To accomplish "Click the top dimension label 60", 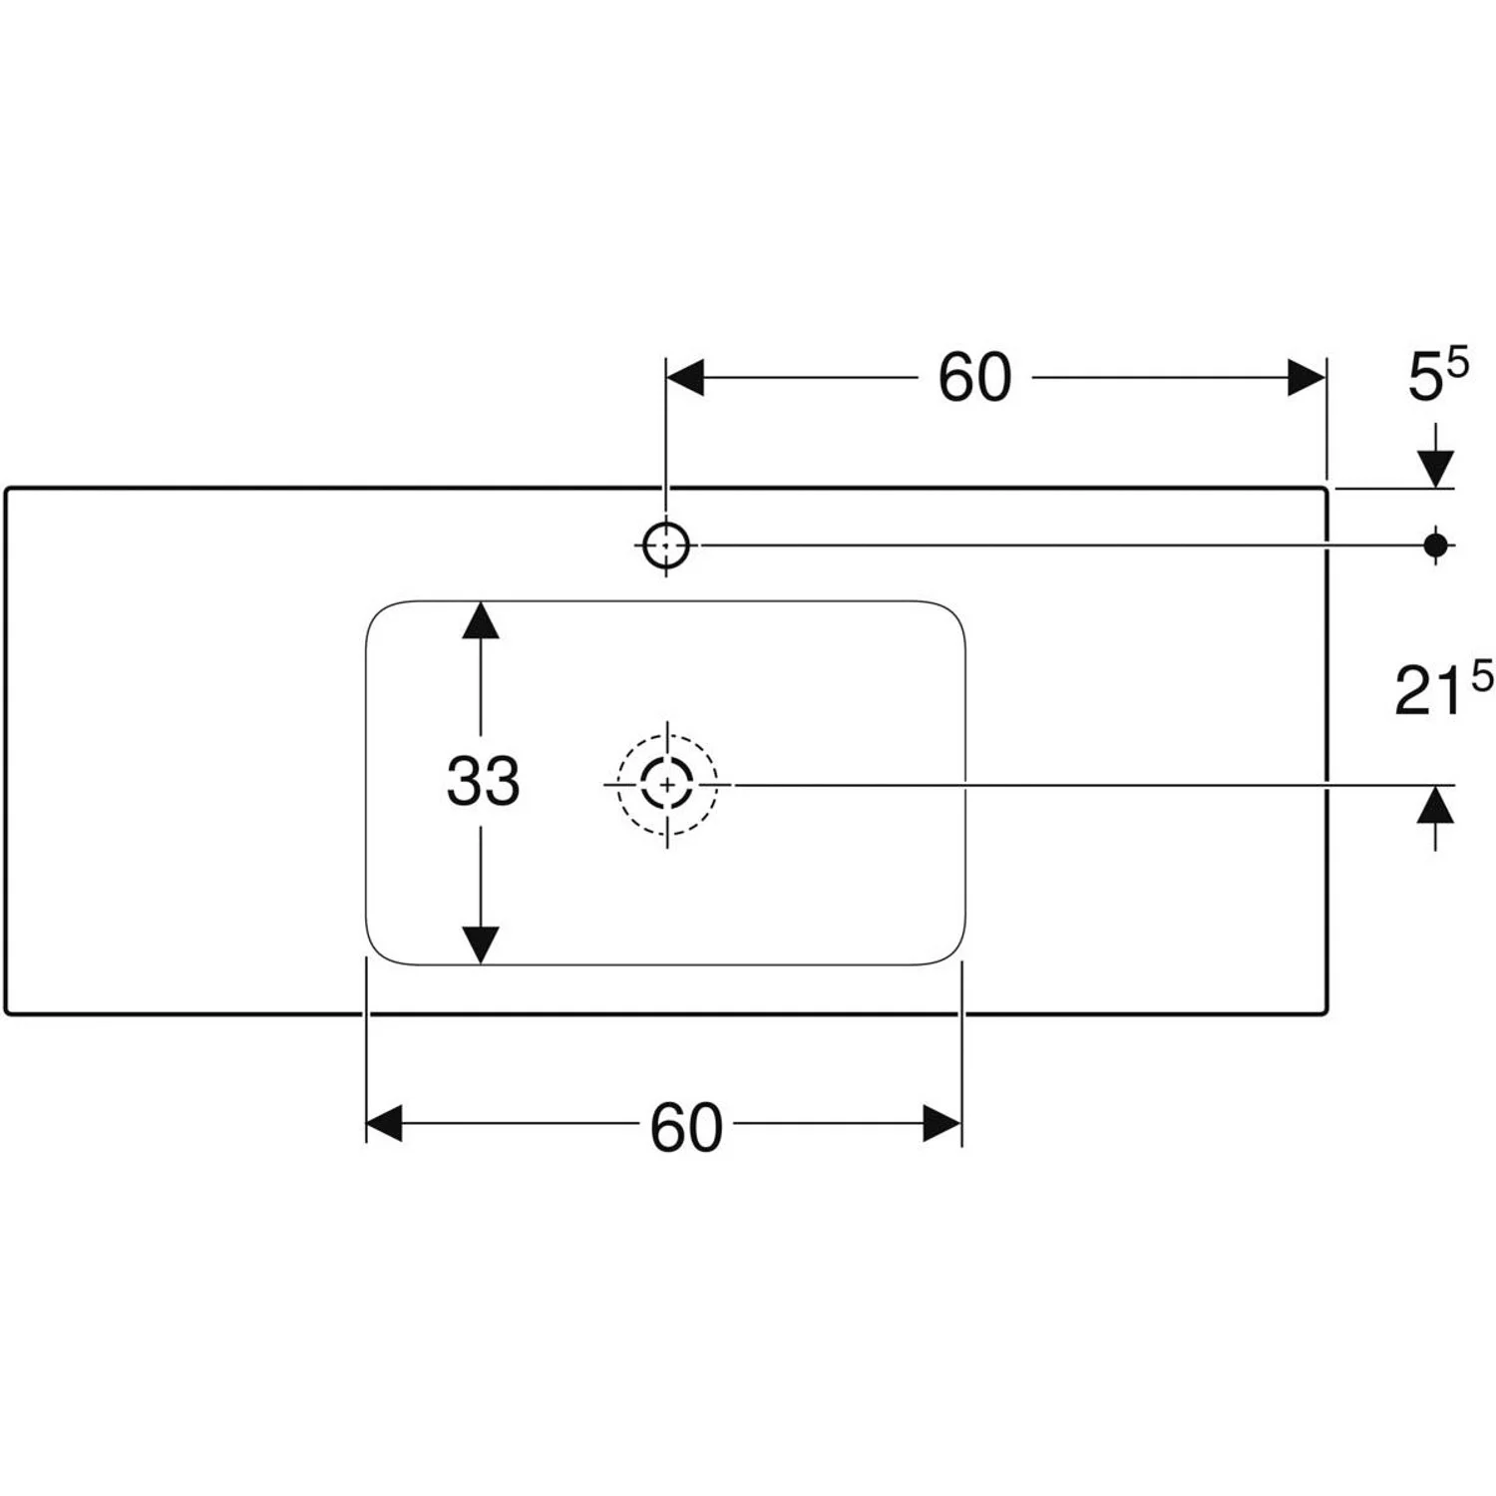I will point(974,378).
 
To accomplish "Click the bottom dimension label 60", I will point(686,1128).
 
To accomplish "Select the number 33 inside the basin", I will point(483,781).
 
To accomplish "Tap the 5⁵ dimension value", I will point(1437,376).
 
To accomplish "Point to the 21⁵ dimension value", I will point(1442,689).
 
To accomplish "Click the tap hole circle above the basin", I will point(665,546).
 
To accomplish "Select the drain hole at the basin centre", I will point(666,784).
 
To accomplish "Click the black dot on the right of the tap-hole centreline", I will point(1435,545).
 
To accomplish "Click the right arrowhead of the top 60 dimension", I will point(1306,378).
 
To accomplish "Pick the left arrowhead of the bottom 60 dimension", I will point(385,1123).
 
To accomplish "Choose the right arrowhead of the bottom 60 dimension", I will point(941,1123).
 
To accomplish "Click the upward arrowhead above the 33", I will point(481,621).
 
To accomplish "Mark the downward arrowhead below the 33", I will point(481,943).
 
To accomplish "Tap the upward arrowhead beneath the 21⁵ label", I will point(1435,805).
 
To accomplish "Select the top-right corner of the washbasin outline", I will point(1324,490).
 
